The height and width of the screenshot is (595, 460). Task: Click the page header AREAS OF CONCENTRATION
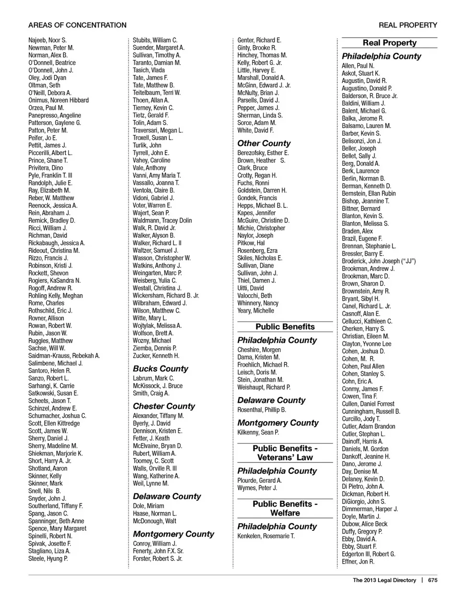77,25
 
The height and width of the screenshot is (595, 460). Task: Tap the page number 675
433,580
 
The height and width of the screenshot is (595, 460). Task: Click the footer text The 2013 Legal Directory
384,580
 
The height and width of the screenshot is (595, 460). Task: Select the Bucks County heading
161,368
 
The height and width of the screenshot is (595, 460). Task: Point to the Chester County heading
164,406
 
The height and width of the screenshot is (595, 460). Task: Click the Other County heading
264,143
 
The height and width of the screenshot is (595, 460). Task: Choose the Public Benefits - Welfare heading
285,508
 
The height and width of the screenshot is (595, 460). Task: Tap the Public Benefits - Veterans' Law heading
285,453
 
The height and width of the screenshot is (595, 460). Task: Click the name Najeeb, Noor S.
47,40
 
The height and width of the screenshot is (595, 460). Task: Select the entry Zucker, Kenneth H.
156,356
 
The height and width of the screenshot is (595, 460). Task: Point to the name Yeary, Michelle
256,311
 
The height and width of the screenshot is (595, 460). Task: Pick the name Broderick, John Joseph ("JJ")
379,261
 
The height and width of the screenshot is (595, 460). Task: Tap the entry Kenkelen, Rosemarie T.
266,536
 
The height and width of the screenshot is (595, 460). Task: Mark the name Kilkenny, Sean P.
258,433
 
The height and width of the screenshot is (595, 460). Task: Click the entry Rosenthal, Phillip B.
262,410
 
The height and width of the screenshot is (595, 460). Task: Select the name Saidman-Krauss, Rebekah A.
64,356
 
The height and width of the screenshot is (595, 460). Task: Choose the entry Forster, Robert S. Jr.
158,559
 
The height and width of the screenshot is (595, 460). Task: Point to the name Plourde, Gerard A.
260,481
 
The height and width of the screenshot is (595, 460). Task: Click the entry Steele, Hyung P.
48,559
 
